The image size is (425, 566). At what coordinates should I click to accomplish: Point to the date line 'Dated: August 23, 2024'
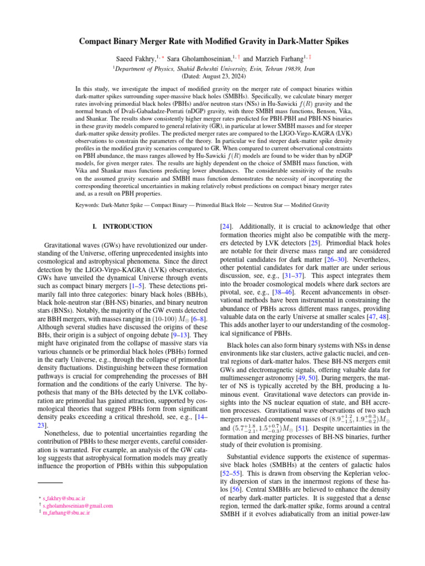point(212,76)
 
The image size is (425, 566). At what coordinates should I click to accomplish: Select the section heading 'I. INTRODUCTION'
point(122,227)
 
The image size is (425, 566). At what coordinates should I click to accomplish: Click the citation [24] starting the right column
point(226,226)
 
